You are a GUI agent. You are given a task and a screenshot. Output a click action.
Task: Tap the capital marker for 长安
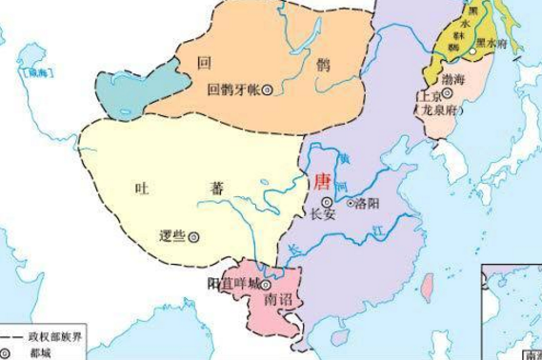click(x=327, y=202)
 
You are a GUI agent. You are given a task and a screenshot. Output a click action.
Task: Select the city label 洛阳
click(x=366, y=203)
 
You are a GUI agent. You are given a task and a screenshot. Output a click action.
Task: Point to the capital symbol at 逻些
click(x=193, y=236)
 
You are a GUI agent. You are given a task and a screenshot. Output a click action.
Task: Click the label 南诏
click(x=273, y=301)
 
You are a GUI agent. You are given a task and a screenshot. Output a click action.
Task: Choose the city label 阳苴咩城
click(x=232, y=284)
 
